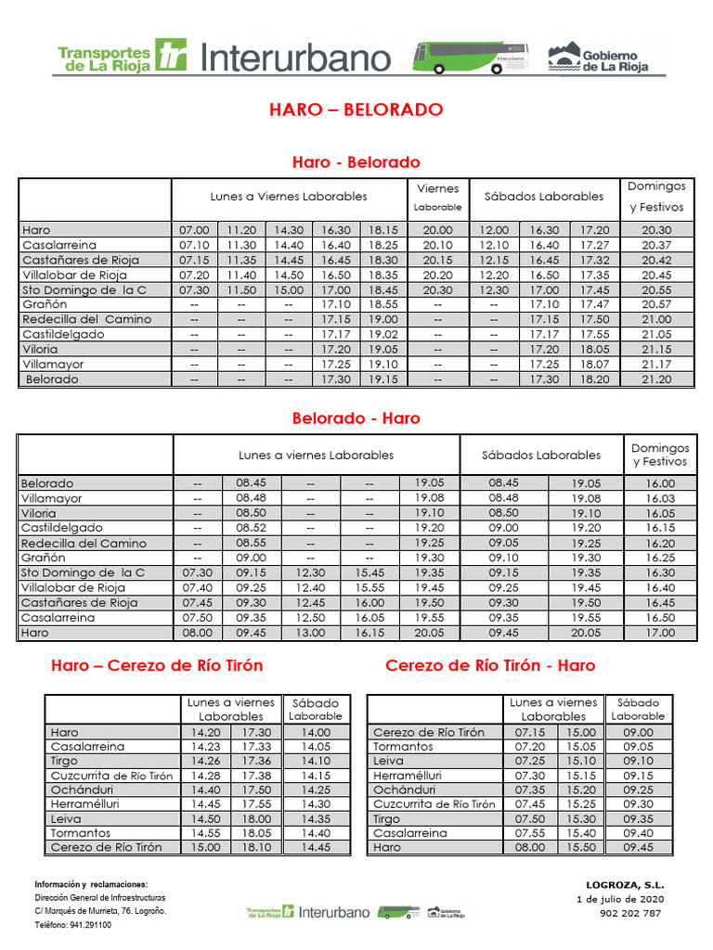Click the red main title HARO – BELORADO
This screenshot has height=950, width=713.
356,109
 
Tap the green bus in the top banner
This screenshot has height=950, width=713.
470,57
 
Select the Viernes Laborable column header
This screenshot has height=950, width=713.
437,197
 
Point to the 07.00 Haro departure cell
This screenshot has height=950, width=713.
194,230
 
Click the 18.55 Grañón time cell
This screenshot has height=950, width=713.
382,304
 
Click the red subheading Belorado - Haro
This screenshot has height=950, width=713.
356,418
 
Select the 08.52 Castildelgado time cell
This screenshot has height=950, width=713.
252,528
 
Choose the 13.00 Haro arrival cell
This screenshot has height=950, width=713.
310,633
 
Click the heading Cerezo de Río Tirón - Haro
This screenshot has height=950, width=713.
490,665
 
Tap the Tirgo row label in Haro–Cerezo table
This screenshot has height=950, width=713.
65,761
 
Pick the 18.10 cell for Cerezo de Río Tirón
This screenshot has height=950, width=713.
257,847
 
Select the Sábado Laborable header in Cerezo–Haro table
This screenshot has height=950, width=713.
638,710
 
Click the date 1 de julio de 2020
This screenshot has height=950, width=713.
620,899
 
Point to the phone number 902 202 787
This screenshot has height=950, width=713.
630,913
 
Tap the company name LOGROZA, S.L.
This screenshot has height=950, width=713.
625,885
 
